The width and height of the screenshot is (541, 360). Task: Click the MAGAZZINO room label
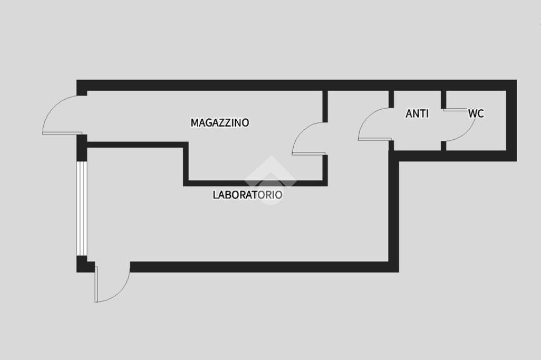tap(220, 122)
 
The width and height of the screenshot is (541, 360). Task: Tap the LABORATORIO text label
tap(247, 194)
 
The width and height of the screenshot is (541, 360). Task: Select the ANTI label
tap(417, 113)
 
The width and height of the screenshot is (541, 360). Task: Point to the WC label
tap(476, 113)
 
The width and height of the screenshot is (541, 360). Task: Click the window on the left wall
tap(81, 209)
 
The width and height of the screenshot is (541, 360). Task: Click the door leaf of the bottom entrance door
tap(96, 284)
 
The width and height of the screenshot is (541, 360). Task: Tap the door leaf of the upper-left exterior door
tap(62, 133)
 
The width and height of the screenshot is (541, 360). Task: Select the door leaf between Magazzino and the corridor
tap(309, 154)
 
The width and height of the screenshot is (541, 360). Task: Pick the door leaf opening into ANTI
tap(375, 139)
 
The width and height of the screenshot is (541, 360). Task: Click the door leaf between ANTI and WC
tap(455, 110)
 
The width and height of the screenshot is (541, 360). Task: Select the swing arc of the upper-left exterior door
tap(52, 107)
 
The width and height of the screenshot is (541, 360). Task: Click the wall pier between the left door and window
tap(81, 148)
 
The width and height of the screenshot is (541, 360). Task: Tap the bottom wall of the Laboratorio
tap(264, 267)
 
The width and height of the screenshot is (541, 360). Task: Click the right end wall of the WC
tap(511, 121)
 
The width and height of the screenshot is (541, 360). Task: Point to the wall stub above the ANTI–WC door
tap(444, 100)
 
